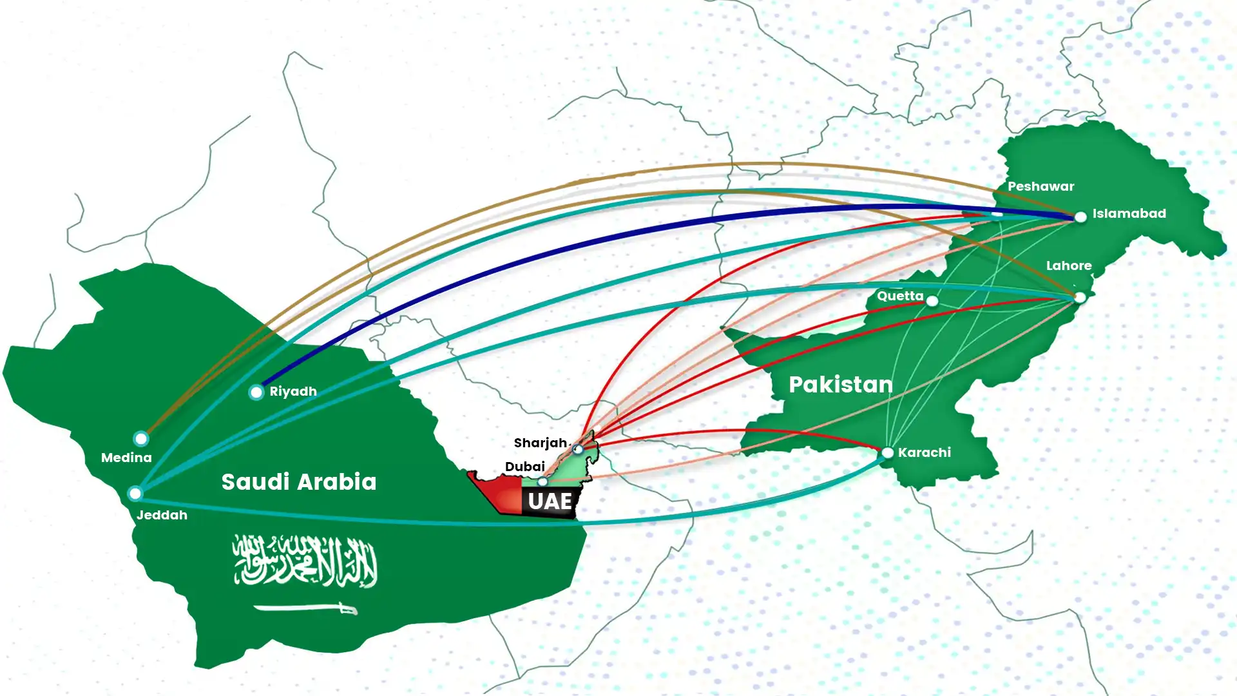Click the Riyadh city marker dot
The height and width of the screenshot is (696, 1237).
(x=256, y=392)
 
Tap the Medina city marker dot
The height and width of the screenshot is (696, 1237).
(x=141, y=439)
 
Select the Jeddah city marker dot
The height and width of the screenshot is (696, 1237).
(x=135, y=494)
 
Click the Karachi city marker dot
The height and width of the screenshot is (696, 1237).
(x=888, y=452)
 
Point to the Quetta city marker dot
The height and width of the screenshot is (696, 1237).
(x=932, y=300)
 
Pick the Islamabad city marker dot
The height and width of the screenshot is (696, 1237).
(x=1081, y=217)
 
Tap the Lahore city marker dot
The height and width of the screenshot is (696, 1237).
(x=1080, y=297)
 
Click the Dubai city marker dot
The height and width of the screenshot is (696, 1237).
(x=543, y=481)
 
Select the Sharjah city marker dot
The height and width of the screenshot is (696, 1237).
(x=578, y=449)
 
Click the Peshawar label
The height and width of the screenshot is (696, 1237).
(x=1040, y=186)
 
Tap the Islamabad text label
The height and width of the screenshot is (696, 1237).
(x=1129, y=213)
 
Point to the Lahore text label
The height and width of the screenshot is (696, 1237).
(x=1068, y=266)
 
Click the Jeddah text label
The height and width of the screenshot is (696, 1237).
(x=162, y=515)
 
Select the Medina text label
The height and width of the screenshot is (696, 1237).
(x=126, y=458)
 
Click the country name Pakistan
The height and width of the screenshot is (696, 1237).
(x=841, y=385)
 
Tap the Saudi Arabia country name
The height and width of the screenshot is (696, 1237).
(x=299, y=482)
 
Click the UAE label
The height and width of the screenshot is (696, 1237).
(x=550, y=501)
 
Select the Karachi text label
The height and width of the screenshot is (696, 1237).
(x=924, y=452)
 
